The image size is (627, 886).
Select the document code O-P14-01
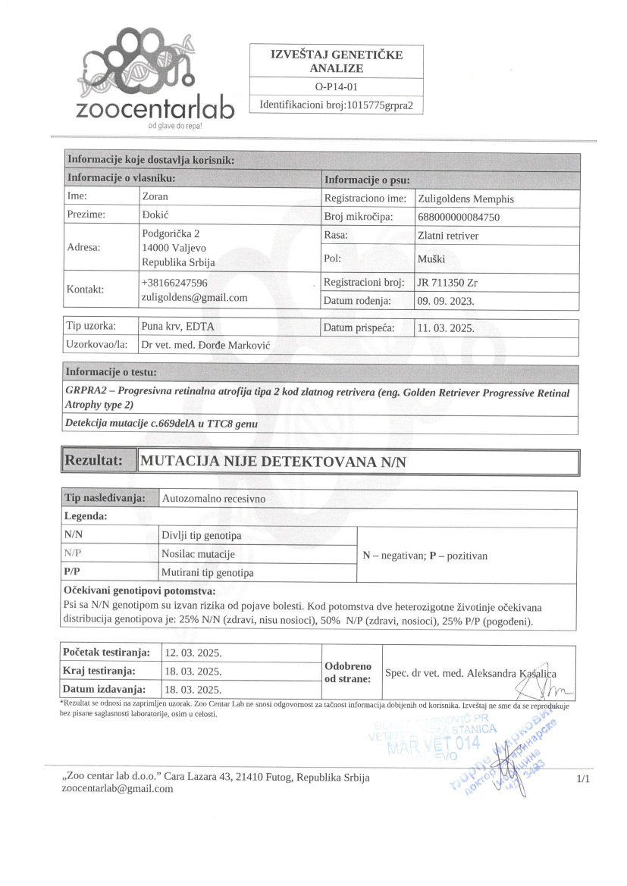[x=336, y=87]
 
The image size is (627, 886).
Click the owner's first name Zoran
[x=155, y=197]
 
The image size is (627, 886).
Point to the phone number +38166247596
[x=174, y=283]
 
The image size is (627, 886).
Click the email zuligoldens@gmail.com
[x=195, y=297]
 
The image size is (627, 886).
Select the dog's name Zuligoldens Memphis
[x=466, y=199]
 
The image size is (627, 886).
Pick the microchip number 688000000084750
[x=459, y=218]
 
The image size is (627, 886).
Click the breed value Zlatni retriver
[x=448, y=236]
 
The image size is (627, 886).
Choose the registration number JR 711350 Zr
[x=448, y=283]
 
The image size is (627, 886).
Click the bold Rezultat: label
[x=94, y=461]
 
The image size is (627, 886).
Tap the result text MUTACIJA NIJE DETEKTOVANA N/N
[x=274, y=462]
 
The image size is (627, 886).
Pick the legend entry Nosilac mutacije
[x=198, y=554]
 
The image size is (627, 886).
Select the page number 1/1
[x=582, y=778]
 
